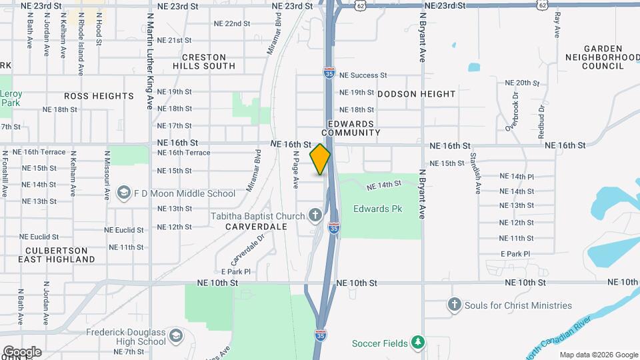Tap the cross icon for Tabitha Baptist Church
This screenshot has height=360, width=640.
pyautogui.click(x=316, y=216)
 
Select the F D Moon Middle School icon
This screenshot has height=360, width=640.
pyautogui.click(x=123, y=193)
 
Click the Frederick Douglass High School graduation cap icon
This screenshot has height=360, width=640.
pyautogui.click(x=175, y=334)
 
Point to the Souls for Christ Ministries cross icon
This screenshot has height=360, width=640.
pyautogui.click(x=455, y=305)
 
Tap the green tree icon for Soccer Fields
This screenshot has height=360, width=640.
pyautogui.click(x=417, y=343)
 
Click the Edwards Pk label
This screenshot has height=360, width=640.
pyautogui.click(x=378, y=209)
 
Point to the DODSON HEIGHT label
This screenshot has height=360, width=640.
pyautogui.click(x=417, y=94)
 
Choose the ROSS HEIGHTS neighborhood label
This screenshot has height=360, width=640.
pyautogui.click(x=99, y=96)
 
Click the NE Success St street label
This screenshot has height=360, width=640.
pyautogui.click(x=363, y=76)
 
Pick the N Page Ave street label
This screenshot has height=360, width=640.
pyautogui.click(x=295, y=169)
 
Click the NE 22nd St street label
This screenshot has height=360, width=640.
pyautogui.click(x=231, y=23)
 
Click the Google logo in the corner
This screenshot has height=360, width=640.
pyautogui.click(x=22, y=351)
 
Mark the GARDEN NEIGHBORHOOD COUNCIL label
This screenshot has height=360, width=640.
pyautogui.click(x=611, y=57)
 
